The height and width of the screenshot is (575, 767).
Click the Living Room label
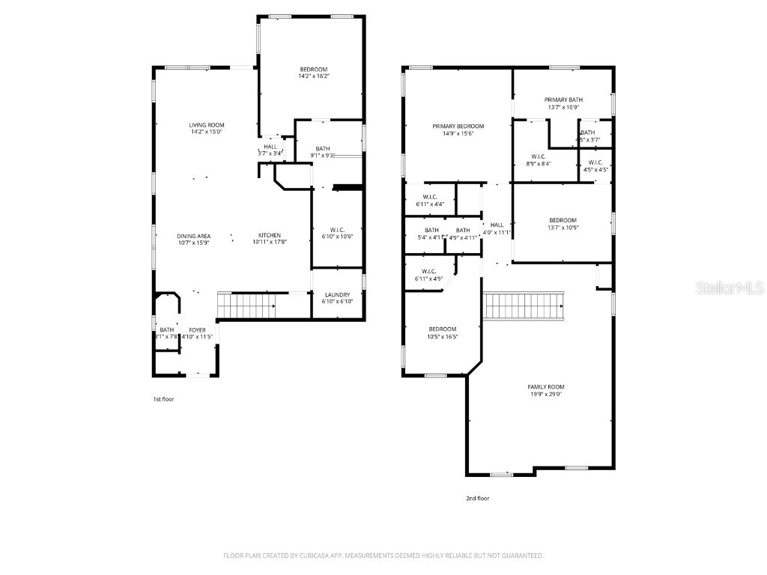[x=206, y=125]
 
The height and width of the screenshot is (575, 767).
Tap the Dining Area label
[x=193, y=236]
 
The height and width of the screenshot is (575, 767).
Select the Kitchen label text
[x=270, y=236]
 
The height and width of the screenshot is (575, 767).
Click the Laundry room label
[x=336, y=295]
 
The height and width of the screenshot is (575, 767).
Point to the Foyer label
[x=197, y=329]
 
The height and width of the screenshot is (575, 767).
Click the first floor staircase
[x=245, y=306]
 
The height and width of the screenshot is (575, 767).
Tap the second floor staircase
[x=524, y=305]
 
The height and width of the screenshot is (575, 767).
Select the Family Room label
[x=546, y=387]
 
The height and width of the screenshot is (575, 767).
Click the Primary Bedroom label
[x=458, y=127]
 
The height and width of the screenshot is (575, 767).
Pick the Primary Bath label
[x=563, y=100]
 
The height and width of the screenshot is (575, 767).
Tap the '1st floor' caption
[x=163, y=399]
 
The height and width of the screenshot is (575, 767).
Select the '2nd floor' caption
[x=478, y=498]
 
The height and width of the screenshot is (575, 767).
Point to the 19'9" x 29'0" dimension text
[x=546, y=394]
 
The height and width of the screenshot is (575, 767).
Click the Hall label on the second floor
[x=497, y=225]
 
